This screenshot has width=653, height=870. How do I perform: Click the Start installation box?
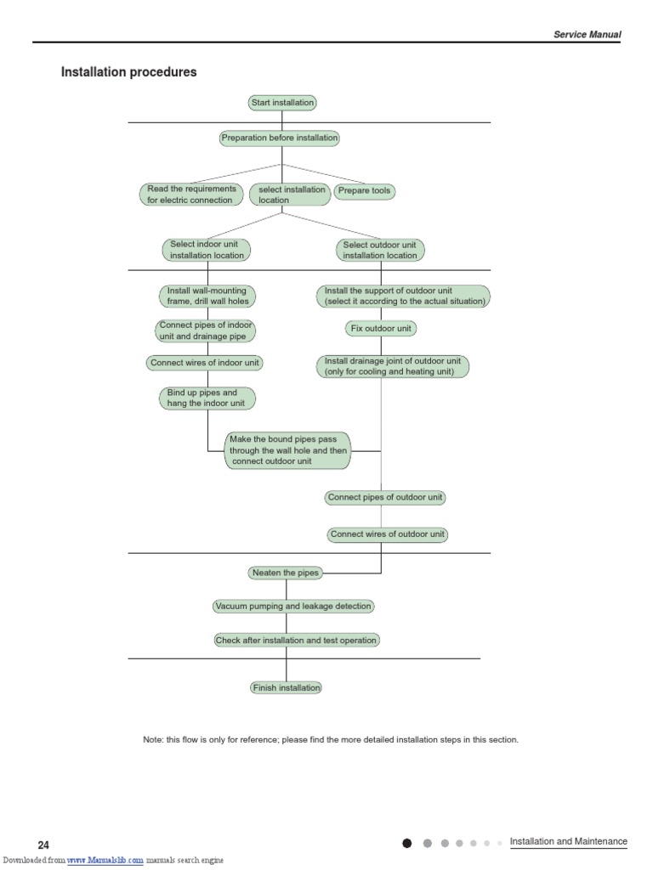point(282,103)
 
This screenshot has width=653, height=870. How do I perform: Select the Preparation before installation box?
point(279,138)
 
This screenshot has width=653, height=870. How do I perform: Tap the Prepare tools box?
point(364,191)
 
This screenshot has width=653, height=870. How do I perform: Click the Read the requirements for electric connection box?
point(191,195)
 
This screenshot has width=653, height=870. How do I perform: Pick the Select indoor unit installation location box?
point(206,250)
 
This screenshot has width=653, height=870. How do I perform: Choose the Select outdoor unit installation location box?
point(379,250)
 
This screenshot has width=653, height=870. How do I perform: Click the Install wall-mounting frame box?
point(207,296)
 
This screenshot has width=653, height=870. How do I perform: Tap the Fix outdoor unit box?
point(381,328)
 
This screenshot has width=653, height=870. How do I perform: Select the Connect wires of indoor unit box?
point(204,363)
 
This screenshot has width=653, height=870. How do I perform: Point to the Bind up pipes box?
point(206,398)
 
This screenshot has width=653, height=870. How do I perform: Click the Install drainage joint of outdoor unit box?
point(392,366)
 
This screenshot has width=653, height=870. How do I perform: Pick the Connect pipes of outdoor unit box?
point(385,498)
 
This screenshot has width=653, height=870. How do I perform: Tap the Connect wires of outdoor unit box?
point(388,534)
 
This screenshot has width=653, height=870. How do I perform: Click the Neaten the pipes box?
point(286,573)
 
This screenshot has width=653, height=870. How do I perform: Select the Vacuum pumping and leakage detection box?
point(293,607)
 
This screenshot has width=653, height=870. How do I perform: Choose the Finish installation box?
point(287,687)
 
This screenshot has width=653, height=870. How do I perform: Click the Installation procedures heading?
point(128,72)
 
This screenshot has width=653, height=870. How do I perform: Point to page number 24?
point(43,845)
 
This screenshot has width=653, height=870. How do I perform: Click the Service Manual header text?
point(587,35)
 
